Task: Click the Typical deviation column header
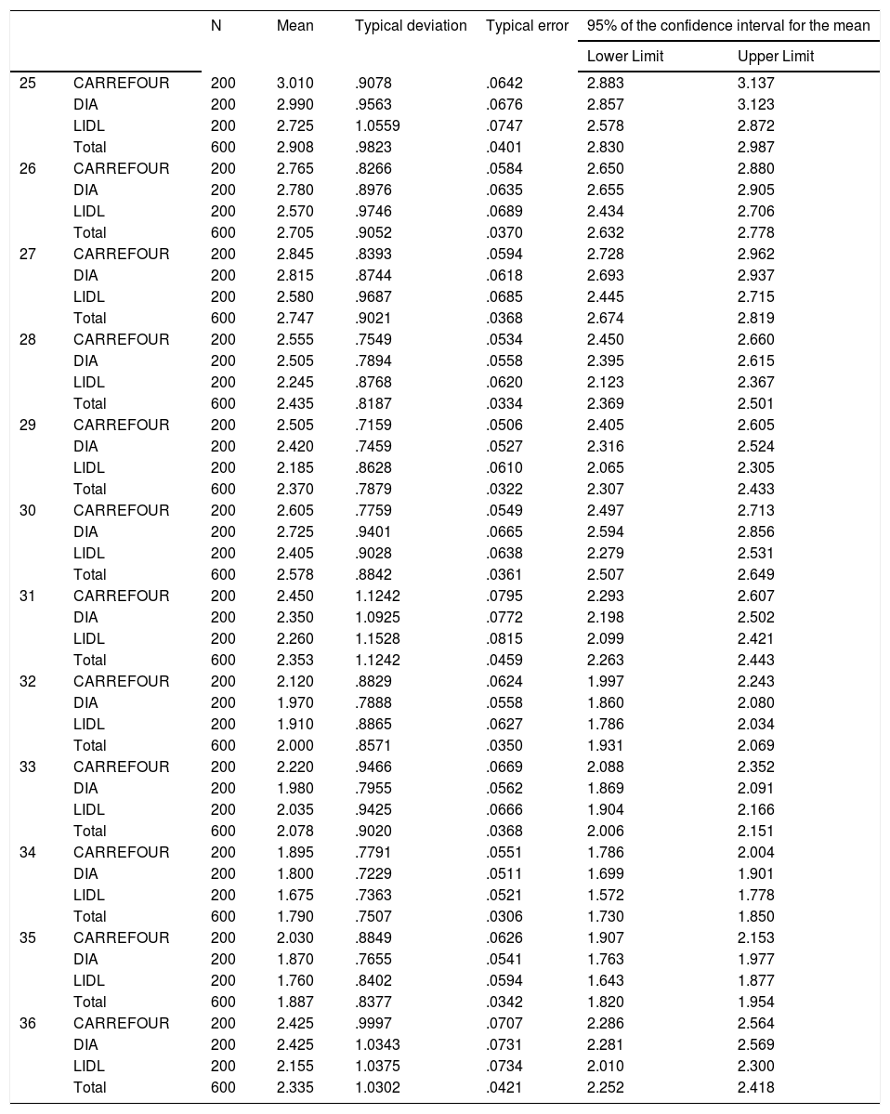[x=411, y=26]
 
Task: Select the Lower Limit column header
[x=624, y=57]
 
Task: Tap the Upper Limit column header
[x=775, y=57]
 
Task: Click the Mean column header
[x=294, y=26]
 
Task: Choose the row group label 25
[x=28, y=83]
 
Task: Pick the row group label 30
[x=28, y=510]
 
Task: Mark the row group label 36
[x=28, y=1023]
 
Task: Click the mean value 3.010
[x=294, y=83]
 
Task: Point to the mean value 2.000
[x=294, y=745]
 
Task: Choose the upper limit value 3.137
[x=755, y=83]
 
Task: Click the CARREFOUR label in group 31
[x=121, y=596]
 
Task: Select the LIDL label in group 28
[x=89, y=382]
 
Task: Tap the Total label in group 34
[x=90, y=916]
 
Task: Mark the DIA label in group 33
[x=85, y=788]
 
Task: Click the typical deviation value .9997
[x=373, y=1023]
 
